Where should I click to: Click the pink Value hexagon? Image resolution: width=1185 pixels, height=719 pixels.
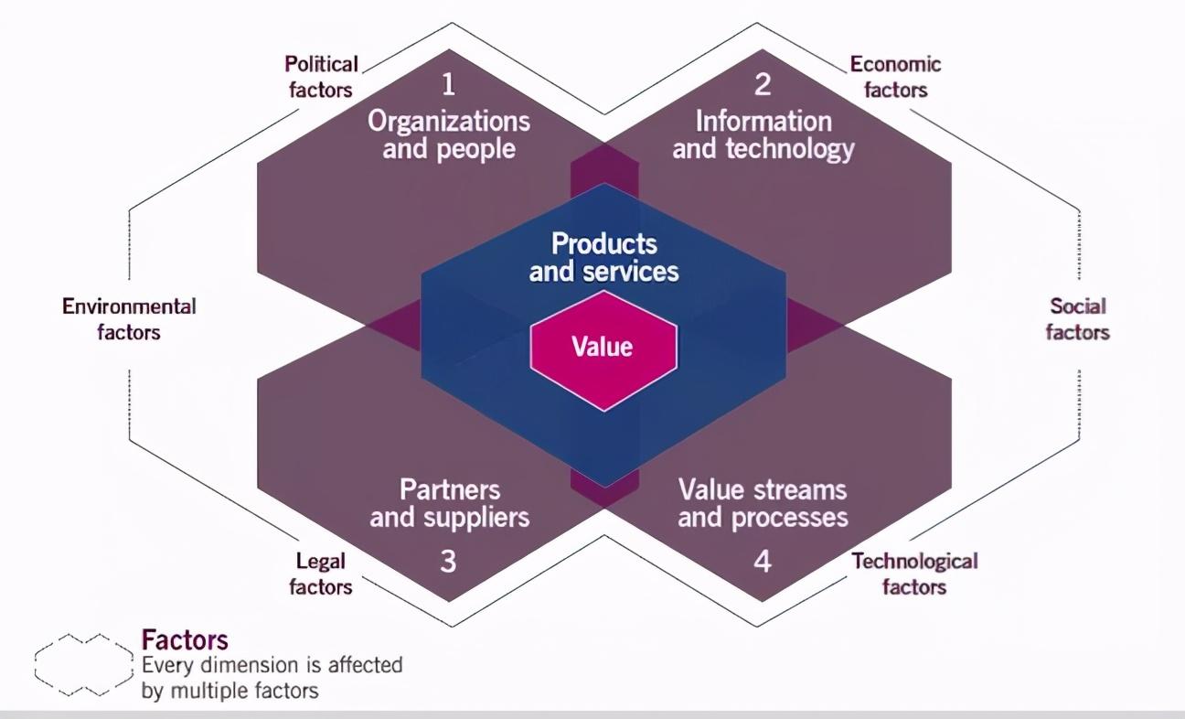click(603, 348)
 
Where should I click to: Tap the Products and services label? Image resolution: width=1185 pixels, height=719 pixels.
click(604, 257)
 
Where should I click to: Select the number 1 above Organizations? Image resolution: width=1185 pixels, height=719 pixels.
click(448, 85)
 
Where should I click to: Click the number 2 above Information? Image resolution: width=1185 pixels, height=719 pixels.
click(763, 85)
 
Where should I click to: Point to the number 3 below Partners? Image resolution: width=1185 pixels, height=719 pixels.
click(448, 560)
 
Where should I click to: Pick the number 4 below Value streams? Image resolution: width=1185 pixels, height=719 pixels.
click(763, 560)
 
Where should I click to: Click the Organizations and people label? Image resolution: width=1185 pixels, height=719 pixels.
click(449, 134)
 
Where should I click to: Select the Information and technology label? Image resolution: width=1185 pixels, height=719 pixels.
click(763, 134)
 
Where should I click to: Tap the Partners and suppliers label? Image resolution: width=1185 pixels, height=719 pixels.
click(450, 503)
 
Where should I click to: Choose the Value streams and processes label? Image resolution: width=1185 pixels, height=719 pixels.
click(763, 503)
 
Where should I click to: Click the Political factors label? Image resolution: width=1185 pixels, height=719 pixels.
click(321, 77)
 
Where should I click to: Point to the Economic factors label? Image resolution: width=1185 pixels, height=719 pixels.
click(895, 77)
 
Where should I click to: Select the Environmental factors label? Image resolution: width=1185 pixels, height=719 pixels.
click(129, 318)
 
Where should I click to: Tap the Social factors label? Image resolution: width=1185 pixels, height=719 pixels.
click(1078, 318)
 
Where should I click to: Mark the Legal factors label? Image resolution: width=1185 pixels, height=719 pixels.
click(321, 574)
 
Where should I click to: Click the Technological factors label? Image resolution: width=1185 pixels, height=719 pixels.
click(914, 574)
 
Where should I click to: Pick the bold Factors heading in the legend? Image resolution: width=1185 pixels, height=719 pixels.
click(185, 639)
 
